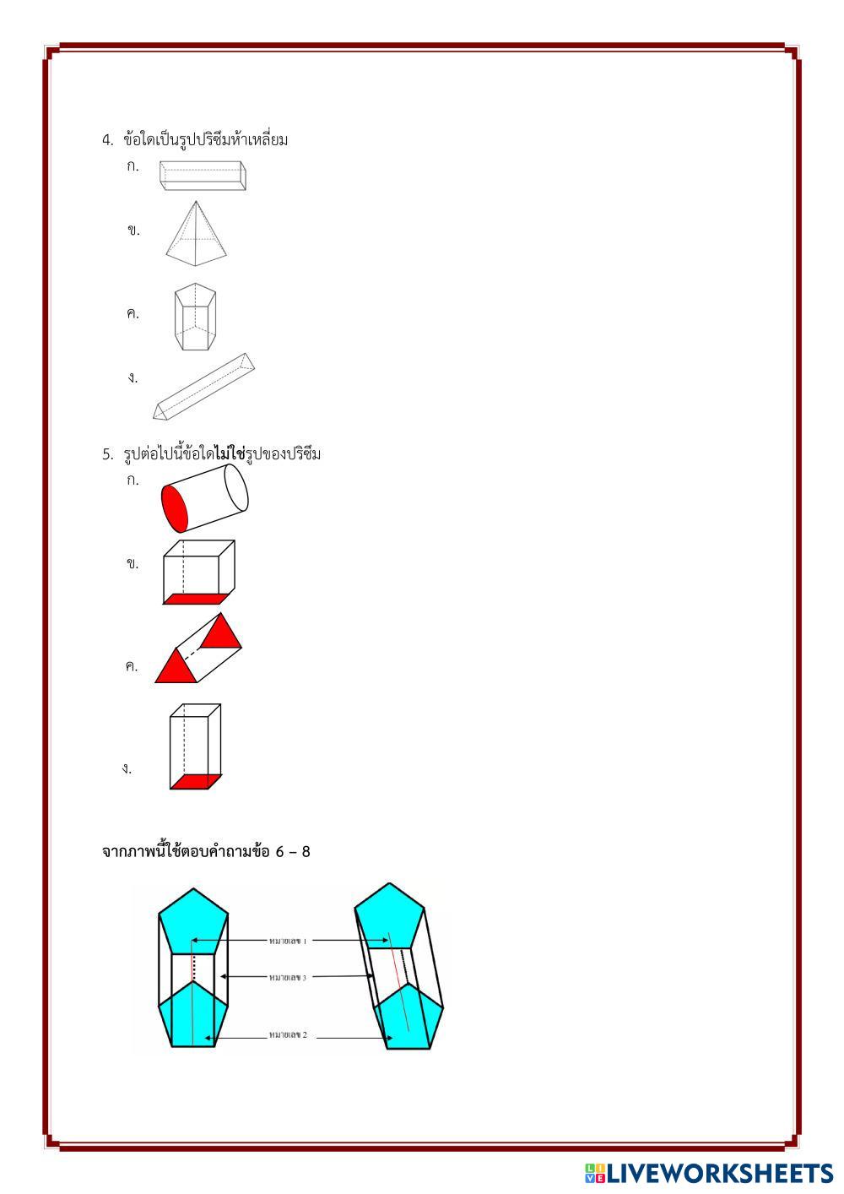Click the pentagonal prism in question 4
pos(195,317)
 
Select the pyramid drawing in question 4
pos(197,234)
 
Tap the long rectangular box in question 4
pos(203,175)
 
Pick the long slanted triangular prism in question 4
pos(203,387)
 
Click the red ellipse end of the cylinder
pos(174,508)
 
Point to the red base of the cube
pos(195,599)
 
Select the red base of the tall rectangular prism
pos(196,781)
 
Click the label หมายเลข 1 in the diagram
pos(287,940)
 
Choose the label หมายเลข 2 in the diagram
pos(288,1034)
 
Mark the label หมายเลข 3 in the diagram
pos(288,977)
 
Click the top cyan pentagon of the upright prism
pos(193,921)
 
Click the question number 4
pos(107,140)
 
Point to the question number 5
pos(107,455)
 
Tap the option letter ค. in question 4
pos(133,314)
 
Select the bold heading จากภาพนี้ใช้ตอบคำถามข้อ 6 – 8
pos(206,851)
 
